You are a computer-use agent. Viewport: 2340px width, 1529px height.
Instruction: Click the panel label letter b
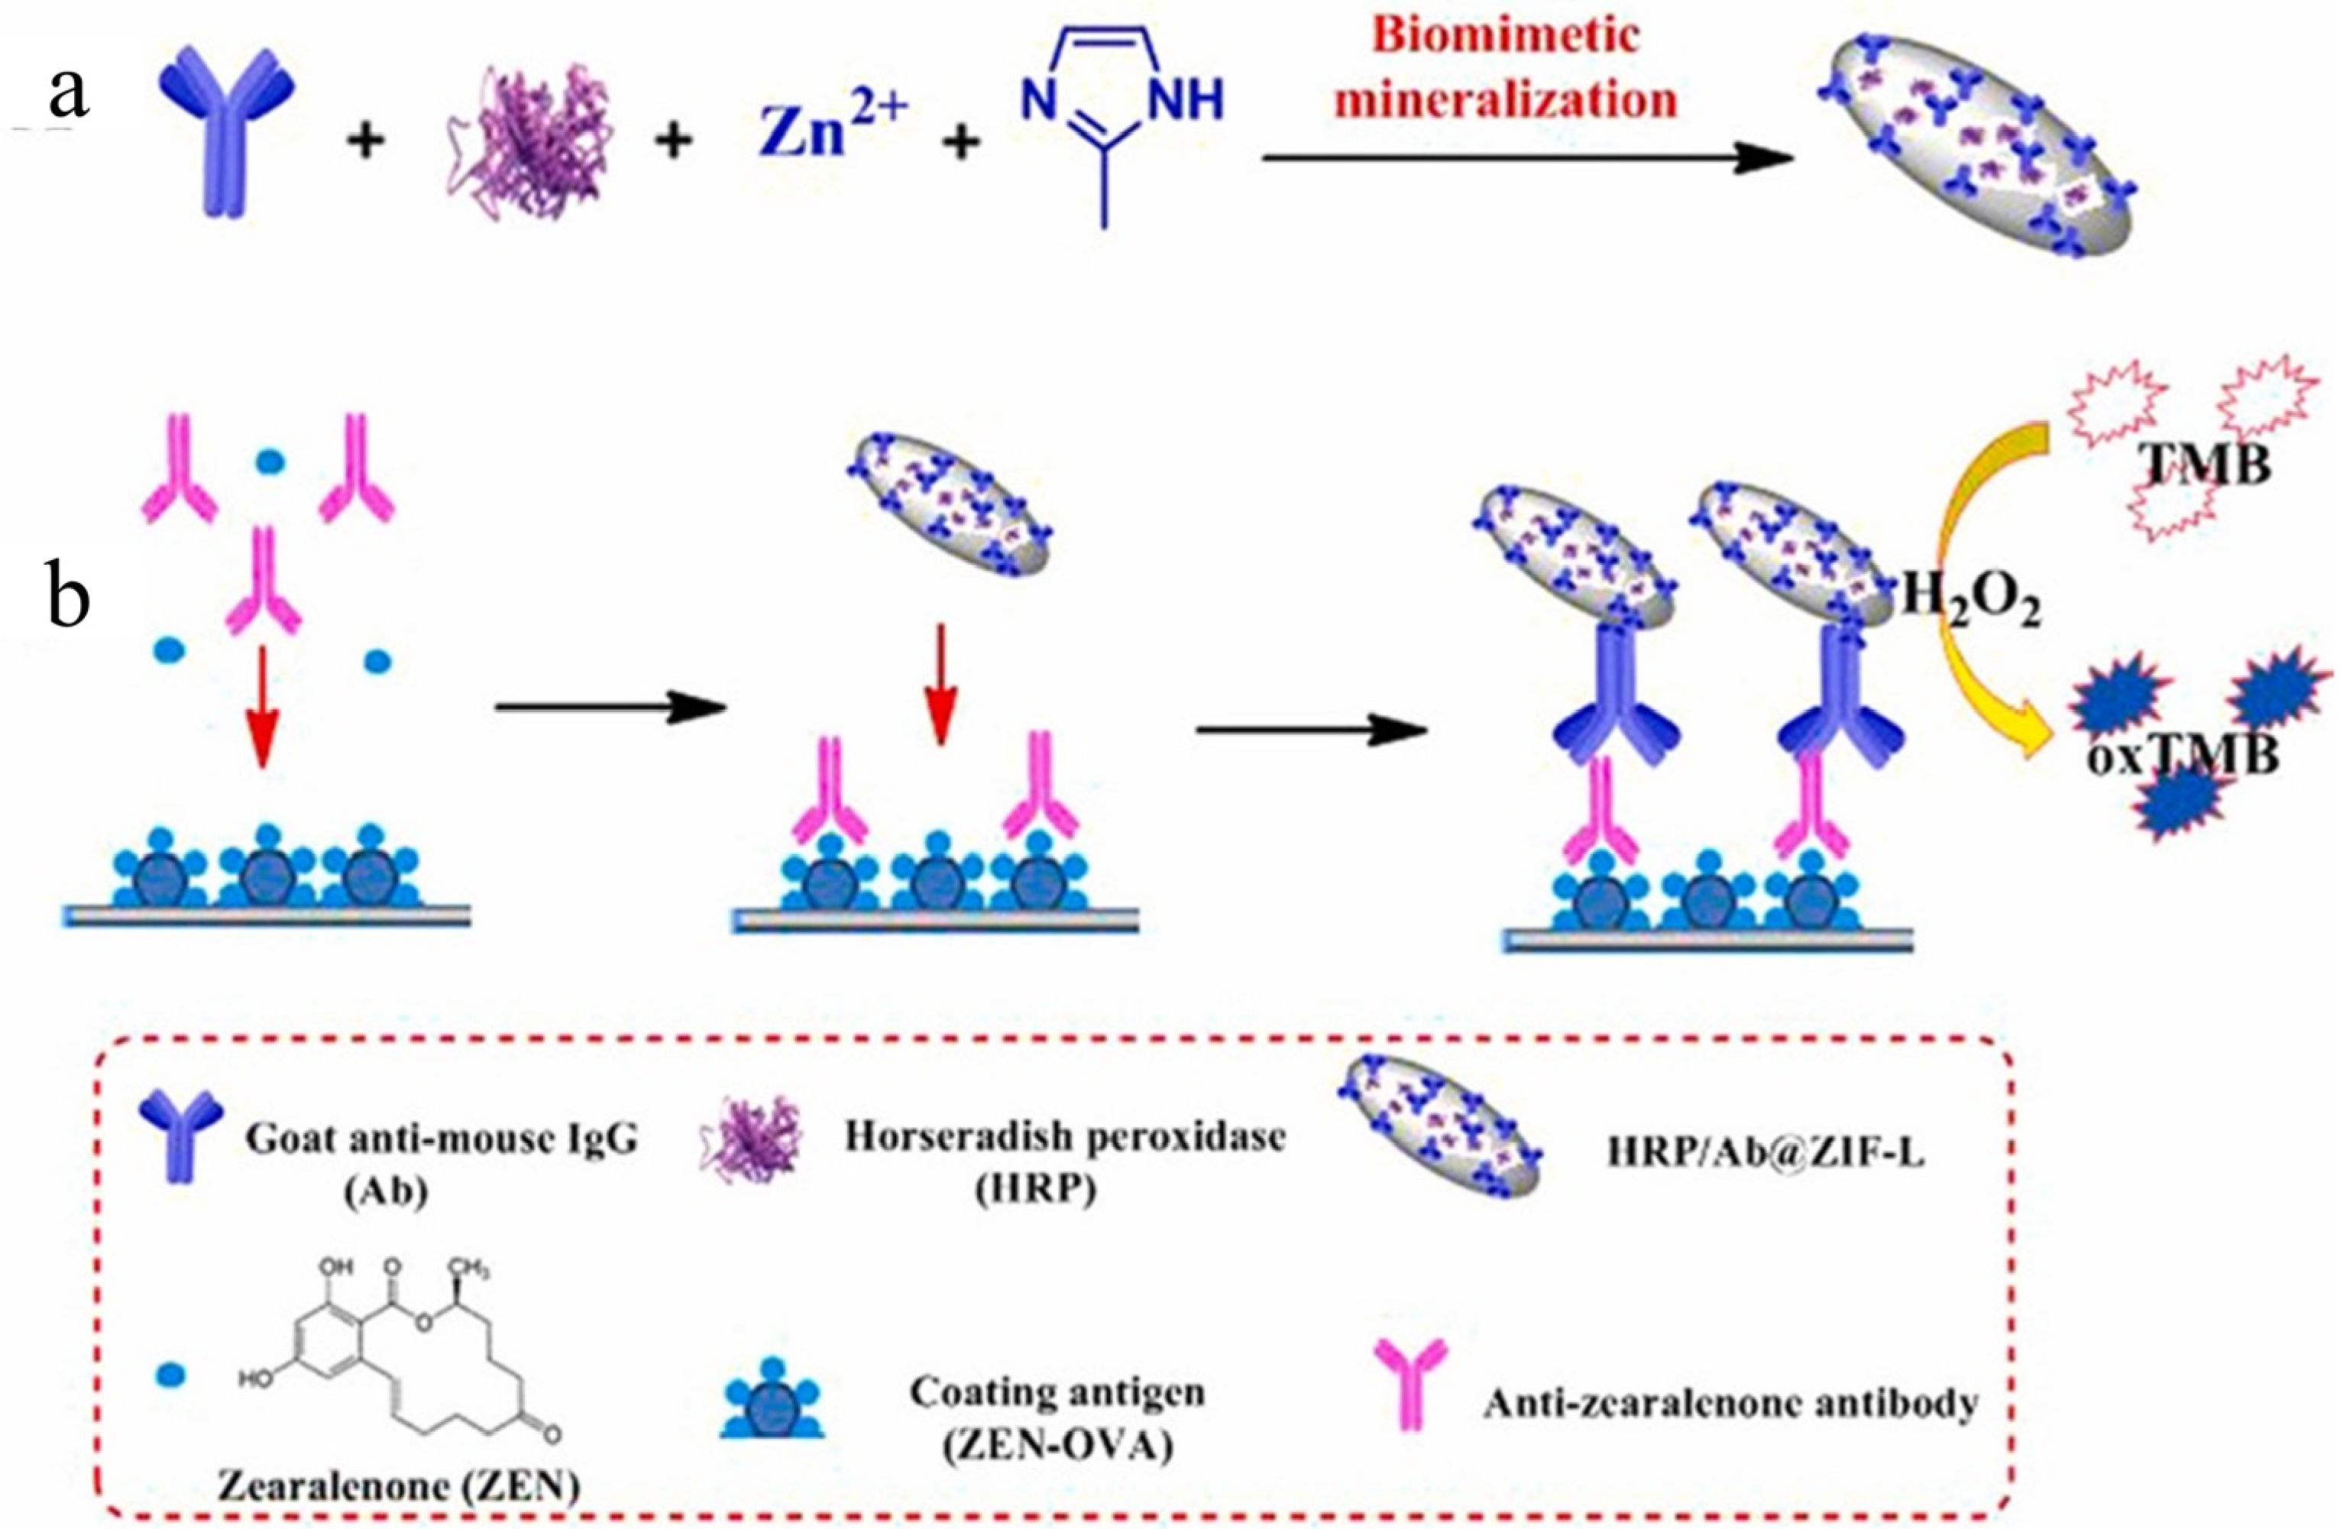(69, 595)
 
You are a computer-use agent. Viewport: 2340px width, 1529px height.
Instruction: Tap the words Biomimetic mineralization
(1507, 69)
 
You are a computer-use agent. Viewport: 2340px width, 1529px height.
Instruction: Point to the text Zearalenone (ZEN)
(398, 1487)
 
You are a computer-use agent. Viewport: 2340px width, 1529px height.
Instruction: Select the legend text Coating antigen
(1057, 1392)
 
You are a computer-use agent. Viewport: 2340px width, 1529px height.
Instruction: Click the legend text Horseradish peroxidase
(1065, 1138)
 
